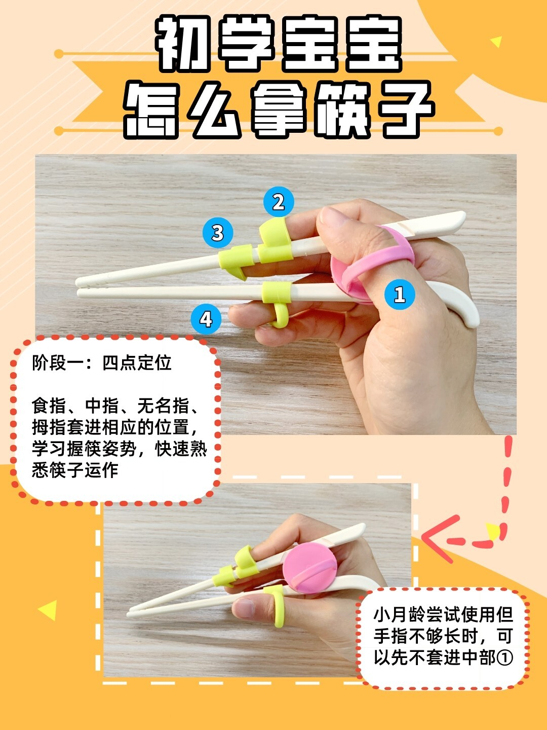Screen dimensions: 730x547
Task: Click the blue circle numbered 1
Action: tap(399, 294)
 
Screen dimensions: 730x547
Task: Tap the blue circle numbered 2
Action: tap(278, 202)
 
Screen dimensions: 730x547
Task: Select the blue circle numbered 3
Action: tap(217, 233)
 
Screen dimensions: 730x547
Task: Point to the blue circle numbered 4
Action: tap(206, 319)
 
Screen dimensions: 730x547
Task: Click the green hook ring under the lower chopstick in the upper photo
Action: tap(279, 314)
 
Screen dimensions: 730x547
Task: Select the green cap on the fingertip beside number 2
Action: tap(273, 233)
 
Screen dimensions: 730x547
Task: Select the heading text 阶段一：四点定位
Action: tap(101, 363)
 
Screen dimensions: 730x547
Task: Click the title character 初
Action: tap(182, 45)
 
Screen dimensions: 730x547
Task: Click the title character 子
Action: tap(405, 109)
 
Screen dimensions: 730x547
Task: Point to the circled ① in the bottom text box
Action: tap(505, 658)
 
